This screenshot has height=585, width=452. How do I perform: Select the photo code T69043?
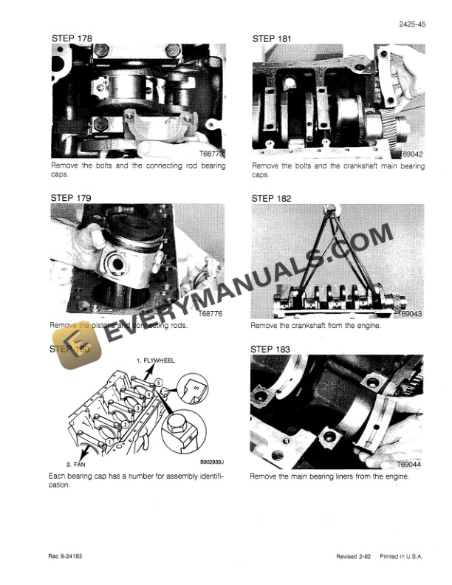tap(408, 314)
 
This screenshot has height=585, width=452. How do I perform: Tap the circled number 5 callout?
tap(157, 382)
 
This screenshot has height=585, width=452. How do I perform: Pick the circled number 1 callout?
tap(109, 441)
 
